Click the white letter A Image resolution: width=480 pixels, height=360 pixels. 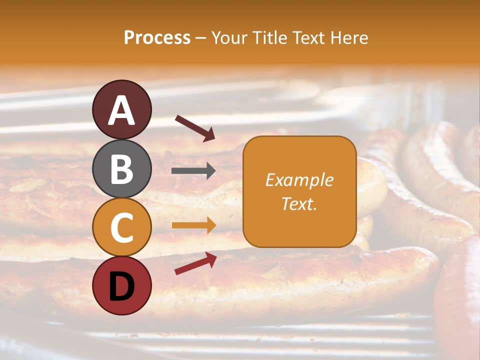(122, 111)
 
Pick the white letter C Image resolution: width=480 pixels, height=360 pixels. (122, 227)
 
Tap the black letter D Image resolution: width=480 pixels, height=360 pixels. (122, 286)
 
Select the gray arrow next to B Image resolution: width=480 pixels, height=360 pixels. (193, 171)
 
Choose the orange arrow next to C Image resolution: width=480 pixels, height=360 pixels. (193, 225)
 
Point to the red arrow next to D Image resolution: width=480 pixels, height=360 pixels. (195, 263)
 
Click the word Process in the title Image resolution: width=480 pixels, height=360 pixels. (157, 38)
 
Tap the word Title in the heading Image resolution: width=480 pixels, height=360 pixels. (269, 38)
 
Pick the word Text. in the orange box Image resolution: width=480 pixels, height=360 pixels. (299, 204)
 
